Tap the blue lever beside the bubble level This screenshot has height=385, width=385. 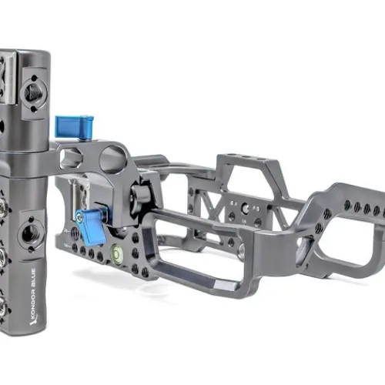point(92,225)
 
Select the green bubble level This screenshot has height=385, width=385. point(116,253)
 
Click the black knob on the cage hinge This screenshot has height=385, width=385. point(139,193)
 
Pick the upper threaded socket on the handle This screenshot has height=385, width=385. point(33,93)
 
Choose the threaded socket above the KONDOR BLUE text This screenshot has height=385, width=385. point(29,234)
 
